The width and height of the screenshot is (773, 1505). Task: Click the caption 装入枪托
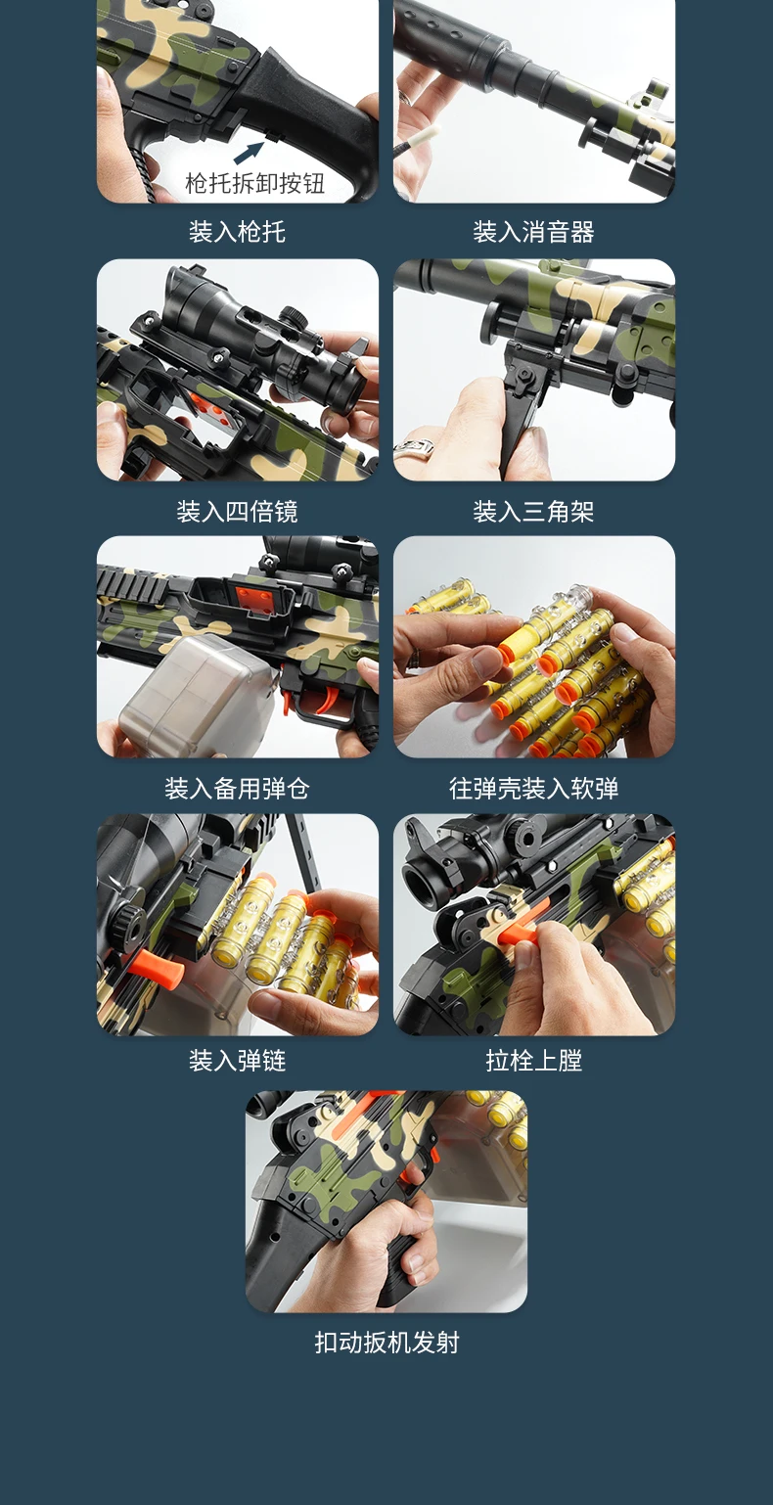pos(237,232)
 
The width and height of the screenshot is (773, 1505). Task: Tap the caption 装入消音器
pos(534,232)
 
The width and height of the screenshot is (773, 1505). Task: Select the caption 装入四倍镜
pos(237,512)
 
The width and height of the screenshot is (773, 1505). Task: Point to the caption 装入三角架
pos(534,512)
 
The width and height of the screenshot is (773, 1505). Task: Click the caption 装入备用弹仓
pos(237,788)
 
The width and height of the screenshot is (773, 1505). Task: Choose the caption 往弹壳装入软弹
pos(534,788)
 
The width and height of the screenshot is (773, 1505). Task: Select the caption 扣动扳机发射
pos(386,1342)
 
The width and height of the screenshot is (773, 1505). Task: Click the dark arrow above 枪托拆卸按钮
pos(249,153)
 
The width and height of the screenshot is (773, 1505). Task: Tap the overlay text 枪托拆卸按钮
pos(255,183)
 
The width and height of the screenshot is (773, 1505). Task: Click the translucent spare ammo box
pos(196,695)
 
